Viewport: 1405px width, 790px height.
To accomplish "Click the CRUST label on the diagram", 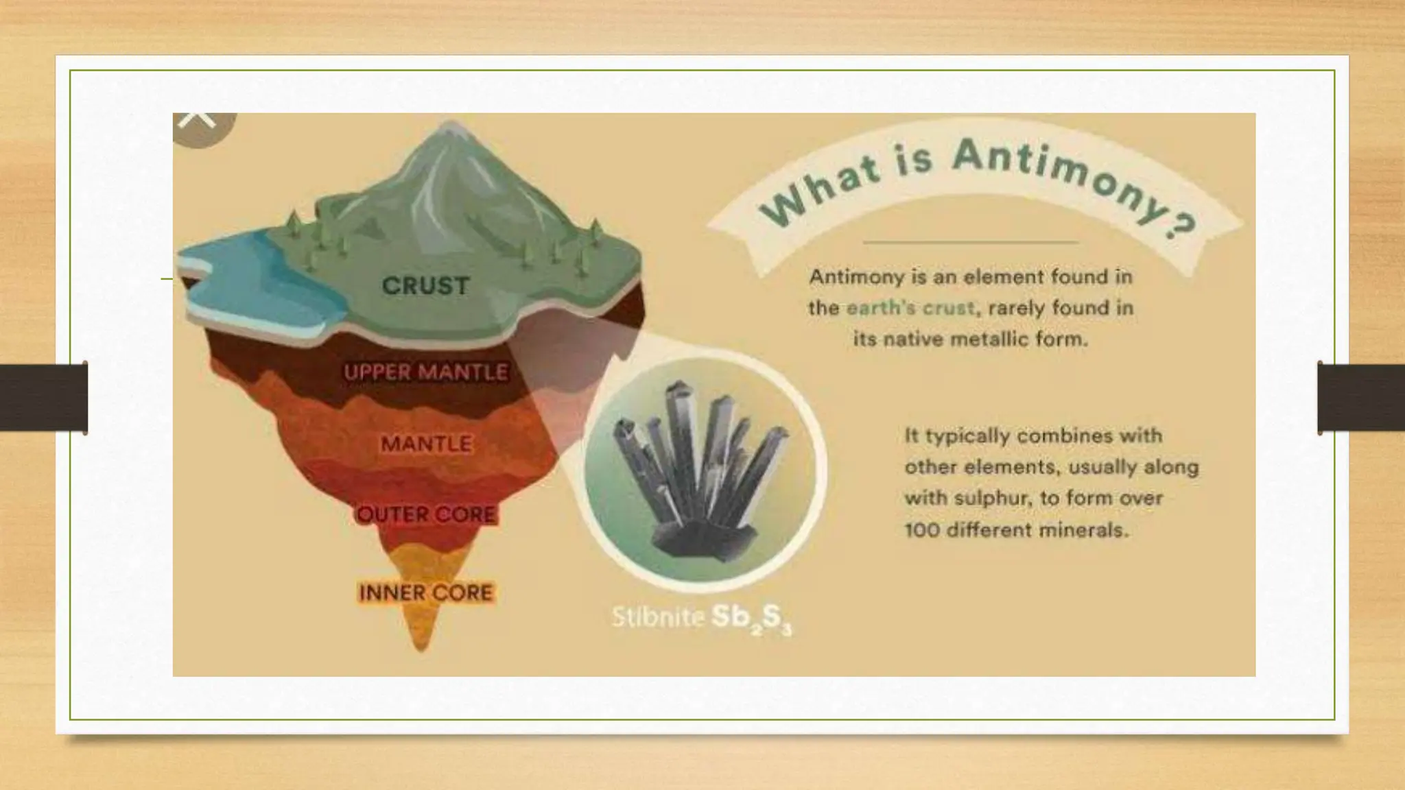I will click(x=425, y=286).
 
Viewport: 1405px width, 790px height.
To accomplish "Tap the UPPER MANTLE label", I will click(x=426, y=372).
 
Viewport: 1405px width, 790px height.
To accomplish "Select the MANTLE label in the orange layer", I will click(x=426, y=444).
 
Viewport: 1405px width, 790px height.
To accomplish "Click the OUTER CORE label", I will click(x=426, y=514).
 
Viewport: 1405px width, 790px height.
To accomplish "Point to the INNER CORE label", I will click(x=426, y=592).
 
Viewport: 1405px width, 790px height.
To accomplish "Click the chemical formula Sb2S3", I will click(x=751, y=619).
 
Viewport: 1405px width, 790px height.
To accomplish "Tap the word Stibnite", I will click(x=657, y=618).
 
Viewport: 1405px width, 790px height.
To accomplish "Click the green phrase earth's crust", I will click(x=910, y=308).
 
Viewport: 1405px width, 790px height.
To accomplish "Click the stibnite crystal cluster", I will click(x=700, y=473).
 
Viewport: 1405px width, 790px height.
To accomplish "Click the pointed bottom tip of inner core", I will click(x=422, y=646).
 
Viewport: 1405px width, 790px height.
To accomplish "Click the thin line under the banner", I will click(x=971, y=242).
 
